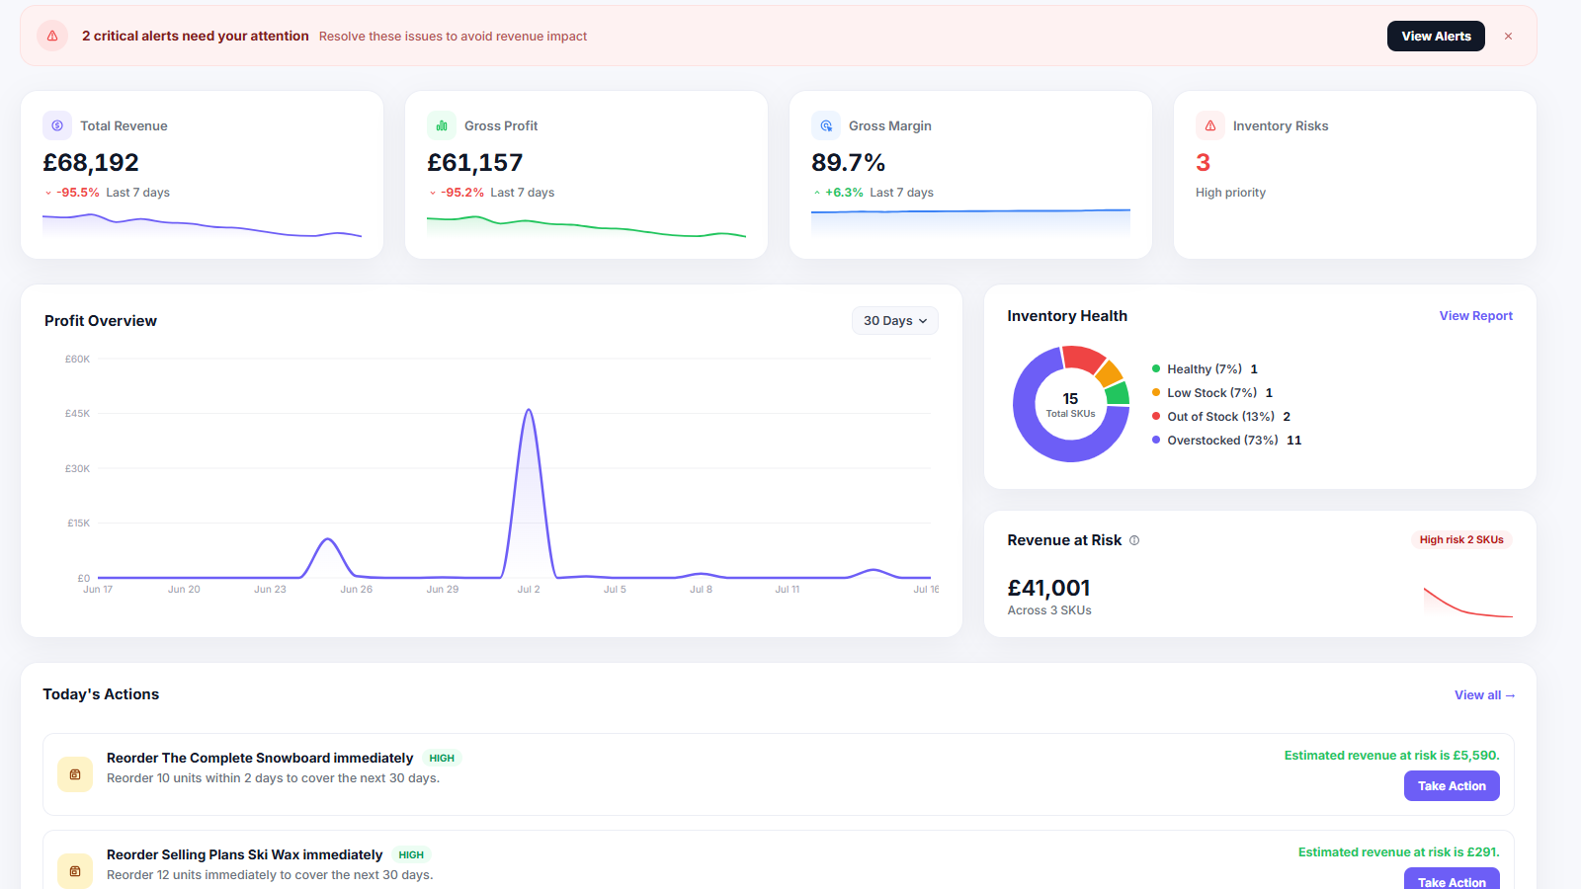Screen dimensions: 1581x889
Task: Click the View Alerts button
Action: click(1436, 36)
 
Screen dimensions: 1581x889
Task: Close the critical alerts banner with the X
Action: click(1508, 36)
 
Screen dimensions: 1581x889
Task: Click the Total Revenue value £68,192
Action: click(91, 162)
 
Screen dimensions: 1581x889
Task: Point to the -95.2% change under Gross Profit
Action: click(462, 193)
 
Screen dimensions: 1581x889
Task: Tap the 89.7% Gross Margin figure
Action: click(848, 162)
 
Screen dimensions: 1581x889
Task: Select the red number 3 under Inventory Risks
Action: click(1203, 162)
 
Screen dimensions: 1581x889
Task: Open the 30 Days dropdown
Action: click(894, 320)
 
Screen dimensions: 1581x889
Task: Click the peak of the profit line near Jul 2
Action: click(529, 410)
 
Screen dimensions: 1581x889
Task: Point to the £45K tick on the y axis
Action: click(78, 414)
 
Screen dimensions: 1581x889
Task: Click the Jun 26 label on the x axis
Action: click(357, 589)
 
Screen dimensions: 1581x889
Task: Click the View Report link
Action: click(1476, 315)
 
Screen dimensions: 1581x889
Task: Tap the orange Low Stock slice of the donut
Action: click(1110, 373)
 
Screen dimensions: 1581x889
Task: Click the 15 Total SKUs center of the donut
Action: click(1071, 404)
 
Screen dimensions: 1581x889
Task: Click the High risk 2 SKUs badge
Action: click(1461, 539)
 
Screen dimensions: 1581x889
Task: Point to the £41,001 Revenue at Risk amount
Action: click(1048, 588)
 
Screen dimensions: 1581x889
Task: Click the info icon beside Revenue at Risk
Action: click(1134, 540)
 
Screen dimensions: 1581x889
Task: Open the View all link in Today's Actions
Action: click(1484, 695)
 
